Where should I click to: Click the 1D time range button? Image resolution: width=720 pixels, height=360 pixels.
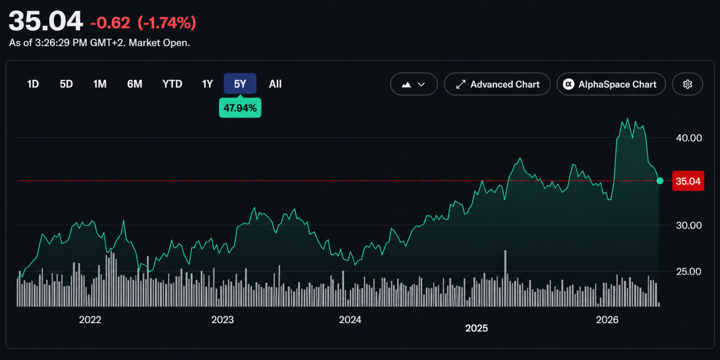[x=33, y=84]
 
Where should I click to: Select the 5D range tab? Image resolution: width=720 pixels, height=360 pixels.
[x=66, y=84]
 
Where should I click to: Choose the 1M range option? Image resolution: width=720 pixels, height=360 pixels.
[x=99, y=84]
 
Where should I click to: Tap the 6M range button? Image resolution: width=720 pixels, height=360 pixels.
[x=135, y=84]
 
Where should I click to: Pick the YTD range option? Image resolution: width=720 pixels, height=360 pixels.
[x=172, y=84]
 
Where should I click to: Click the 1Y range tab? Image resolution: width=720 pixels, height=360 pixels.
[x=207, y=84]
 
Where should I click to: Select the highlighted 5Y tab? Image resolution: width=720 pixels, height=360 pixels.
[x=240, y=84]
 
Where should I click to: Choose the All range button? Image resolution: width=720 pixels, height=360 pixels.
[x=275, y=84]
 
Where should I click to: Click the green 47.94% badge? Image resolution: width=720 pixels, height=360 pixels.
[x=240, y=108]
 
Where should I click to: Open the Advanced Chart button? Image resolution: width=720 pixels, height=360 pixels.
[x=497, y=84]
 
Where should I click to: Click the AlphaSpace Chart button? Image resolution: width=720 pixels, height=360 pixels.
[x=611, y=84]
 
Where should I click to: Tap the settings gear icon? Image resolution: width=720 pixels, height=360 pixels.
[x=688, y=84]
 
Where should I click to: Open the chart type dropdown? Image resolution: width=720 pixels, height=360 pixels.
[x=414, y=84]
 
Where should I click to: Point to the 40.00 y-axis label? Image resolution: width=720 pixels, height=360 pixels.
[x=689, y=138]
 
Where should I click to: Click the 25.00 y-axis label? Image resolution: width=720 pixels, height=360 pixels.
[x=689, y=272]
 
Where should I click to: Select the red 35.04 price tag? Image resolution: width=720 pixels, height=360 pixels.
[x=688, y=181]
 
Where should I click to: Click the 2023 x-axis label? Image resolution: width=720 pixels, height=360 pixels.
[x=222, y=320]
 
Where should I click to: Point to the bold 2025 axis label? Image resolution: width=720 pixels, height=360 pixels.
[x=477, y=328]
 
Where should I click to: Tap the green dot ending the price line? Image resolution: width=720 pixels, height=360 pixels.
[x=660, y=180]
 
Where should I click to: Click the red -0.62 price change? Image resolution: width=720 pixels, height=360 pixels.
[x=110, y=23]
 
